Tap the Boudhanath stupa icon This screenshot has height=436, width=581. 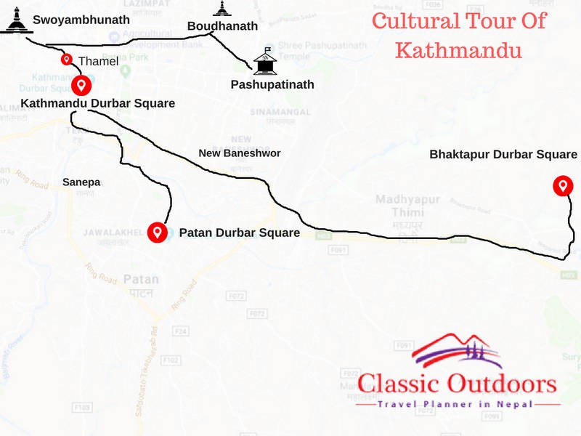pos(222,9)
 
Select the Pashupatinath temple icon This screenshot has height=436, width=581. pos(266,62)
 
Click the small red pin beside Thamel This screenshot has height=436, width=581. pos(67,60)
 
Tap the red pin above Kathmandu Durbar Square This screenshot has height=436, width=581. pos(81,85)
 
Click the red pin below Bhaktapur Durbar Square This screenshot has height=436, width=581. pos(561,185)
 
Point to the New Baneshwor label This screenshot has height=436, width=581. pos(239,153)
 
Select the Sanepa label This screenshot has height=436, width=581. pos(81,182)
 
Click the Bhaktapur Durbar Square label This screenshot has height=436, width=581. pos(503,154)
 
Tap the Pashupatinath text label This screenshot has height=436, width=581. pos(272,84)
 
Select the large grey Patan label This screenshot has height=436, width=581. pos(141,279)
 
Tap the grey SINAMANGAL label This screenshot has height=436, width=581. pos(280,113)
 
